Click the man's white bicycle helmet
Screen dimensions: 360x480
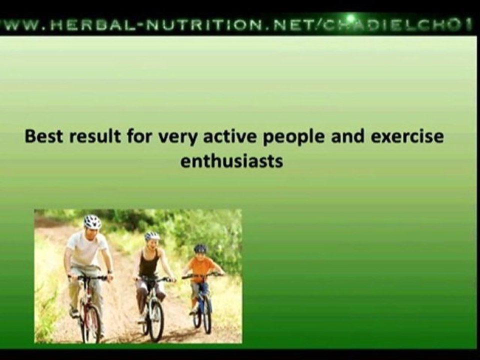click(x=92, y=221)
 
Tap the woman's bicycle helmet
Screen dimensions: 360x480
click(x=152, y=235)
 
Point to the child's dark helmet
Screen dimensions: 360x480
click(x=200, y=248)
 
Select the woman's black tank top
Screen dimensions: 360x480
click(x=148, y=264)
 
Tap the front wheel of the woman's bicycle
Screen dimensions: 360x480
click(x=156, y=319)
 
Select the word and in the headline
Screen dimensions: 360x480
click(x=318, y=136)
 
